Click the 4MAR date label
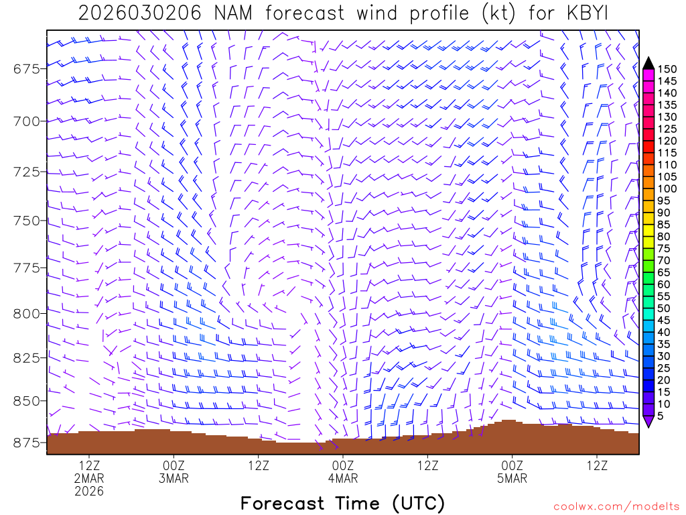pos(342,479)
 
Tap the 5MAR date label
pos(512,479)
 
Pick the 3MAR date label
pos(174,479)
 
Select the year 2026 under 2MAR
pos(89,492)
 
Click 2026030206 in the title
pos(139,13)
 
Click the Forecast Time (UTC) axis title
pos(342,503)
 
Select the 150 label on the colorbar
pos(667,69)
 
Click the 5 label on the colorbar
pos(661,416)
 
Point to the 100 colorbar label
pos(667,188)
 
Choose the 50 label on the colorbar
pos(664,308)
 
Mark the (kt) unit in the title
pos(496,13)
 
